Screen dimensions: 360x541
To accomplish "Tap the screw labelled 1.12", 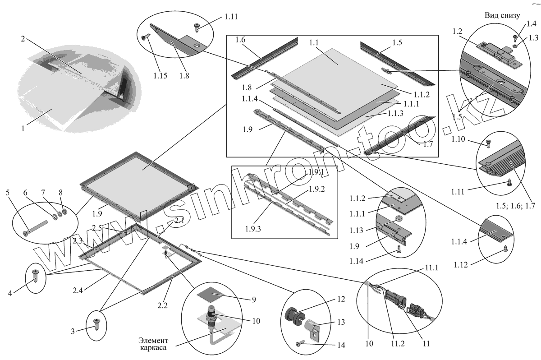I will point(505,247).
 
